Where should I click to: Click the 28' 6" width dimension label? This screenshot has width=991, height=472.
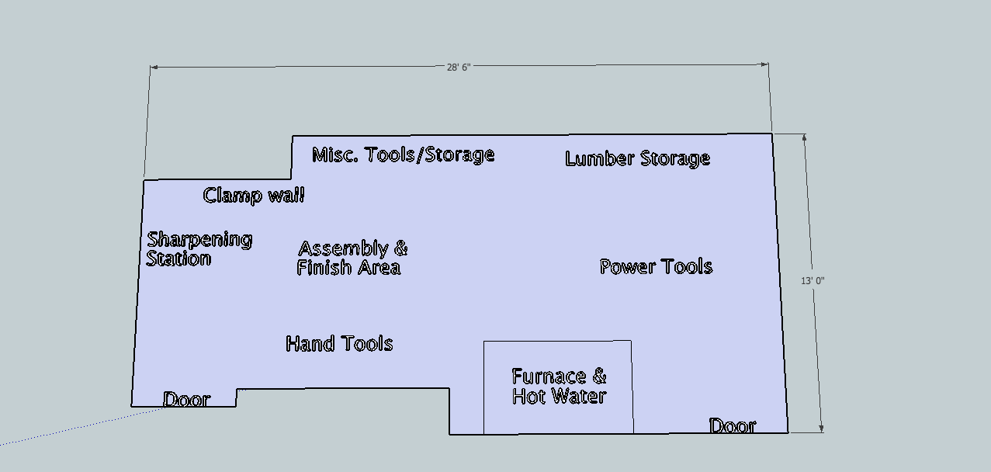[459, 67]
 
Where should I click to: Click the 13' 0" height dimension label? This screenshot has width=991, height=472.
[813, 280]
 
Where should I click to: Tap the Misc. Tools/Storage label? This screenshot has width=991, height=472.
[403, 154]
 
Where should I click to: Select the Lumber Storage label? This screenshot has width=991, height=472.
[637, 158]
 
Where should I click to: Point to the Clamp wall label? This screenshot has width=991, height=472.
[253, 195]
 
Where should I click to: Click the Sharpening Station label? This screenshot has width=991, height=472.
[199, 248]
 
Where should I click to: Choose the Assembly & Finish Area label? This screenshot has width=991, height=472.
[352, 258]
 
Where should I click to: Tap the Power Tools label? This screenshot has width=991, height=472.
[656, 267]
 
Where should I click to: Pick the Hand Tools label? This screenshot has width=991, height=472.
[339, 343]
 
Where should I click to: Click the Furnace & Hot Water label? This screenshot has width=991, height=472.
[559, 386]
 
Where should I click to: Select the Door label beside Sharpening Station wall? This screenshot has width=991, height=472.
[186, 400]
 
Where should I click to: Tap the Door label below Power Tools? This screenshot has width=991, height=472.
[733, 425]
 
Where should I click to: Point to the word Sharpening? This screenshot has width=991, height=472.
[199, 240]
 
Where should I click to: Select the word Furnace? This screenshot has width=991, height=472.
[549, 377]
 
